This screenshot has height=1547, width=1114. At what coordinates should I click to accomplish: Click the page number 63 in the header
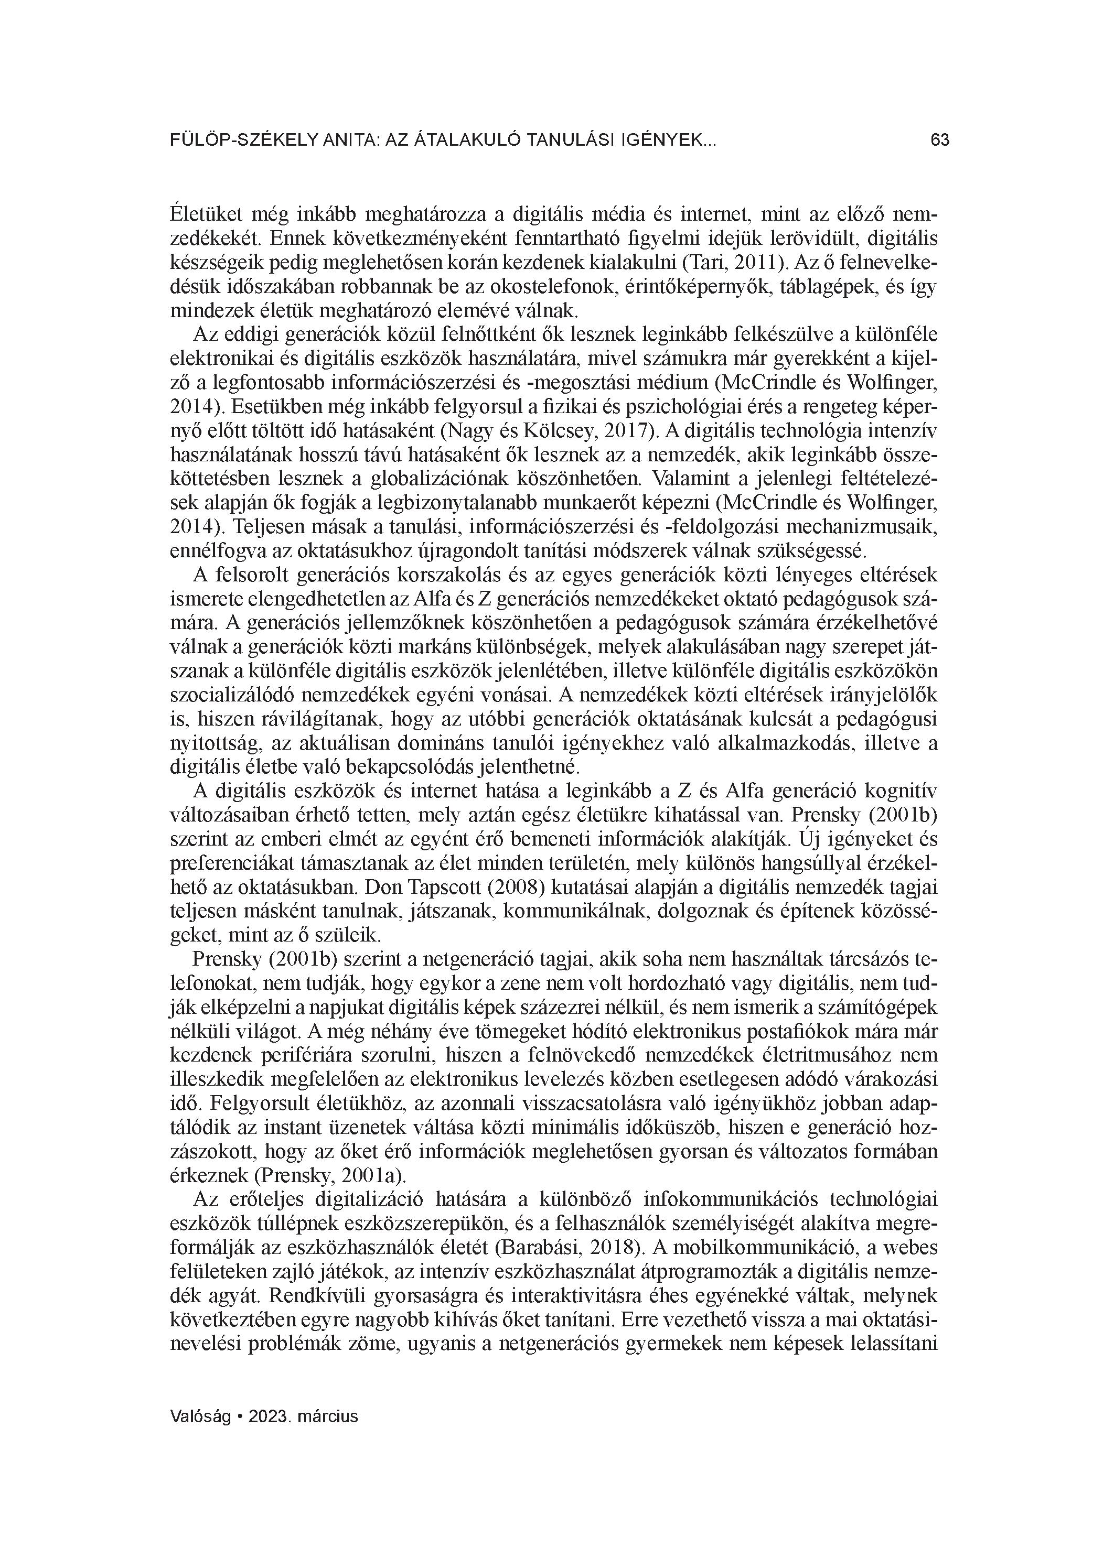[x=939, y=140]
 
